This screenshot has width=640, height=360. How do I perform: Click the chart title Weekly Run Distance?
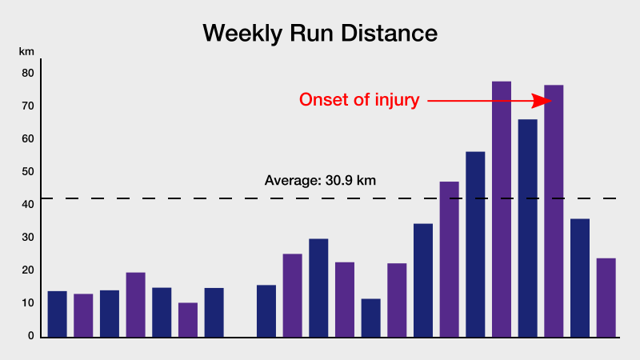[x=320, y=34]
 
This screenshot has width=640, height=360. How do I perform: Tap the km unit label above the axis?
[x=26, y=51]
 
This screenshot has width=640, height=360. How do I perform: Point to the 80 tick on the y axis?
[x=28, y=73]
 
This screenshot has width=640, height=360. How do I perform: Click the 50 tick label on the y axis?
[x=28, y=171]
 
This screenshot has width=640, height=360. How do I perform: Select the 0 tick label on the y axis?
[x=31, y=335]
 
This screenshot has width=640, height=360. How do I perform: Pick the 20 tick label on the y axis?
[x=28, y=270]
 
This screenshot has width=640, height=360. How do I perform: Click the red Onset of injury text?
[x=359, y=100]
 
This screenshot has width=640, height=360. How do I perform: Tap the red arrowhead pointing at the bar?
[x=542, y=101]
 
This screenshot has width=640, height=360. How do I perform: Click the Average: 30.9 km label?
[x=320, y=181]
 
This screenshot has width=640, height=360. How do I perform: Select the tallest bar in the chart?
[x=502, y=210]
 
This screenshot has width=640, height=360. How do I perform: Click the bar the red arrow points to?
[x=554, y=211]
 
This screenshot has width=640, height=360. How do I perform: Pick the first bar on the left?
[x=57, y=314]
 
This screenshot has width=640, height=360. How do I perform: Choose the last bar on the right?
[x=606, y=298]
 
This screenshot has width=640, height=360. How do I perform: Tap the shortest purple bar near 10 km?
[x=188, y=320]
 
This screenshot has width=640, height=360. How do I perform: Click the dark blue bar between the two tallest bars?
[x=527, y=229]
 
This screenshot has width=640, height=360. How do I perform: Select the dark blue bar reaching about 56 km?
[x=475, y=245]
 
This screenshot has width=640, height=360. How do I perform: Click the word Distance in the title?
[x=390, y=33]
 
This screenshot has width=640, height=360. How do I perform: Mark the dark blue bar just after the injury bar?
[x=579, y=278]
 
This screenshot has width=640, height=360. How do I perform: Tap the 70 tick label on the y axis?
[x=28, y=106]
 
